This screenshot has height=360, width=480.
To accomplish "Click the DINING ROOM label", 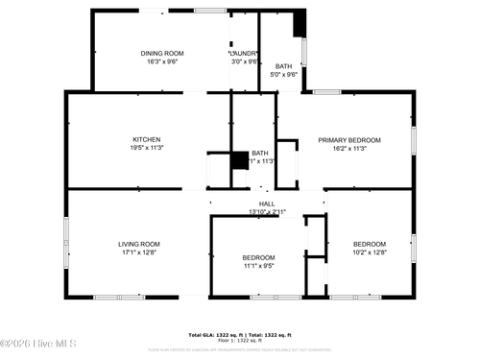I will tap(162, 53).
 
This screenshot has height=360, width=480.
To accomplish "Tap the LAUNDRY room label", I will tap(245, 53).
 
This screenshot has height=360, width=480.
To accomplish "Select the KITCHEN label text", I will tap(146, 139).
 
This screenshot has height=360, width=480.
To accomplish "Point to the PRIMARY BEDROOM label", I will tap(349, 140).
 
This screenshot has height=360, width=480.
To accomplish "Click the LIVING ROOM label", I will tap(139, 244).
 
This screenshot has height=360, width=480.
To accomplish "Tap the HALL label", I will tap(267, 204).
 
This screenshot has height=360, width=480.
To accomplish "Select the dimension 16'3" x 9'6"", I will tap(162, 61).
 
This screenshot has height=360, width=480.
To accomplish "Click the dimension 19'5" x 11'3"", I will tap(146, 148).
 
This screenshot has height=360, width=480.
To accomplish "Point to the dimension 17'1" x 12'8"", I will tap(139, 252).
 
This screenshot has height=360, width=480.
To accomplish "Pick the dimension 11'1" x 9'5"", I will tap(258, 266).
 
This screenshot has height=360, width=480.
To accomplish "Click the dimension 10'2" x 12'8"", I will tap(370, 252).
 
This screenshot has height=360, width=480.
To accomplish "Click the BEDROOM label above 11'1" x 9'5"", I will tap(258, 257).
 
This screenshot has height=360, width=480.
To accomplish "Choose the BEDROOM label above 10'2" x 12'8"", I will tap(370, 244).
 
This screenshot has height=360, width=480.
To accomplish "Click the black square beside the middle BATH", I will tap(239, 160).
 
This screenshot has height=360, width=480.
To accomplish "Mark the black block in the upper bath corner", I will tap(299, 22).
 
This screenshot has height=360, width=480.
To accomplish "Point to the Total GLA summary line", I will tap(240, 335).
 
